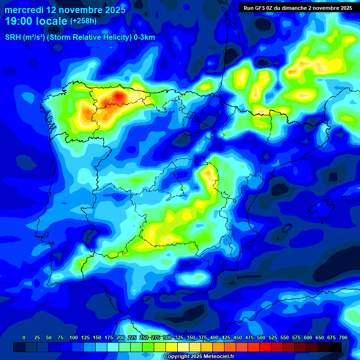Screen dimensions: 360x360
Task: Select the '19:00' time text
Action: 20,21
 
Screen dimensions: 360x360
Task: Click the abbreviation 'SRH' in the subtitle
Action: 13,37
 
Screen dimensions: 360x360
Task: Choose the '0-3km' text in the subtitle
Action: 144,37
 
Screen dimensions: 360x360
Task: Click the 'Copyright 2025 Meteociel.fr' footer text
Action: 199,357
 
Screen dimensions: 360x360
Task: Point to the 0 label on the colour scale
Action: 24,337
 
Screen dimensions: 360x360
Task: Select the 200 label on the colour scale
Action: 120,337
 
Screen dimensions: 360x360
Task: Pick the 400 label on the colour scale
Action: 214,337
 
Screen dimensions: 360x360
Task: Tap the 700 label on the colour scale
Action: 343,337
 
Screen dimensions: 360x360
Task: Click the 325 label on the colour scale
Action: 179,337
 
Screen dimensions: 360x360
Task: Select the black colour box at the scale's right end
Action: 336,347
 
